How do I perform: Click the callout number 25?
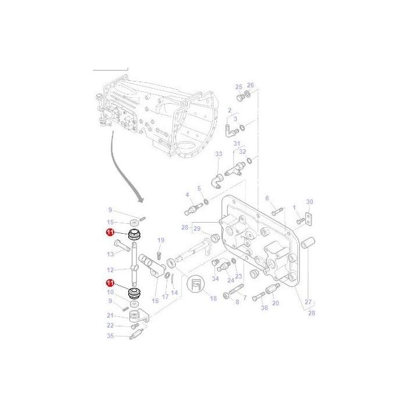pyautogui.click(x=238, y=87)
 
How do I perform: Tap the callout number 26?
pyautogui.click(x=251, y=85)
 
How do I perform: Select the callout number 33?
pyautogui.click(x=219, y=154)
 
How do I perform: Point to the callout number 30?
pyautogui.click(x=309, y=202)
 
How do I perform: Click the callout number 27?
pyautogui.click(x=308, y=302)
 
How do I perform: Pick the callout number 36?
pyautogui.click(x=265, y=308)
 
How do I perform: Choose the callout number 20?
pyautogui.click(x=276, y=303)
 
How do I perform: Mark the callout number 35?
pyautogui.click(x=110, y=336)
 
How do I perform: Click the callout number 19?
pyautogui.click(x=161, y=240)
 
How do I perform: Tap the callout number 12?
pyautogui.click(x=110, y=270)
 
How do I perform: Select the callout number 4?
pyautogui.click(x=187, y=195)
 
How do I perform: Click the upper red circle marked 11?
pyautogui.click(x=110, y=233)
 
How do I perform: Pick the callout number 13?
pyautogui.click(x=110, y=254)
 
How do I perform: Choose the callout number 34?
pyautogui.click(x=215, y=279)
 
